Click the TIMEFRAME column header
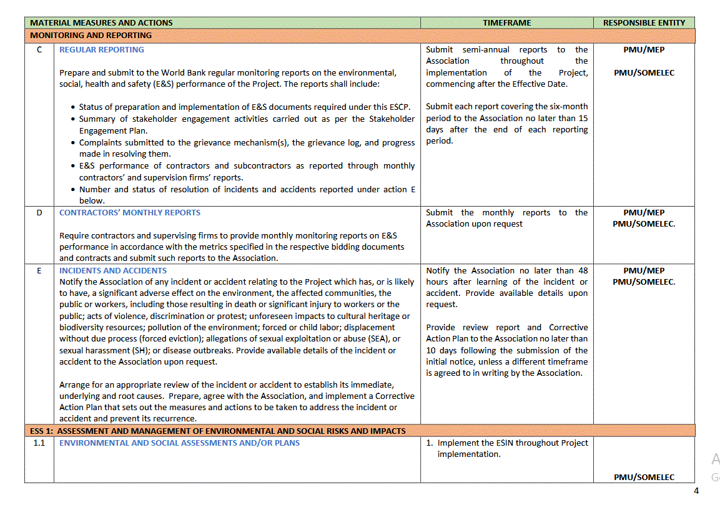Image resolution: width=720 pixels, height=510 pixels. [x=506, y=22]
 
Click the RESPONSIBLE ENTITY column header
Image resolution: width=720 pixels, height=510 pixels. [x=644, y=22]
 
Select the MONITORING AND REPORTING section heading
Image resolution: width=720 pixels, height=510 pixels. [x=91, y=36]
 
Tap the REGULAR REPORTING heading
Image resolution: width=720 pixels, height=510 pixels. [x=101, y=50]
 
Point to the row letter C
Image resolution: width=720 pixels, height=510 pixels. [x=39, y=50]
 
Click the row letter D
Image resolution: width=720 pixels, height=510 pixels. [x=39, y=213]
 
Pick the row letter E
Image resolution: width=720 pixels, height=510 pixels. [x=39, y=271]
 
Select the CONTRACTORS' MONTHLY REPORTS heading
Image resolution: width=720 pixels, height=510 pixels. [x=130, y=213]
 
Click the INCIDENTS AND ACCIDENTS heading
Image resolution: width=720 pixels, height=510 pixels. [x=113, y=271]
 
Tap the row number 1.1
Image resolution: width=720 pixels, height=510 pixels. [x=39, y=443]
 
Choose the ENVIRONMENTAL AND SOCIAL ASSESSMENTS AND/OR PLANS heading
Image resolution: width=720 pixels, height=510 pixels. [x=179, y=443]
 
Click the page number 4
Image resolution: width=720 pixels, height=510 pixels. [x=696, y=491]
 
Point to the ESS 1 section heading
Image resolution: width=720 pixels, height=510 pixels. [x=218, y=431]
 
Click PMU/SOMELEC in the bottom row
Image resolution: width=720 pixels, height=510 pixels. [x=644, y=478]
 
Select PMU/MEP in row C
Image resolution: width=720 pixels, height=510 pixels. [x=644, y=50]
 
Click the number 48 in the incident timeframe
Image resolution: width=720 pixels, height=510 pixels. [x=582, y=271]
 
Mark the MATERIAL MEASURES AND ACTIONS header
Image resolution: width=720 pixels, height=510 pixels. [x=101, y=22]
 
